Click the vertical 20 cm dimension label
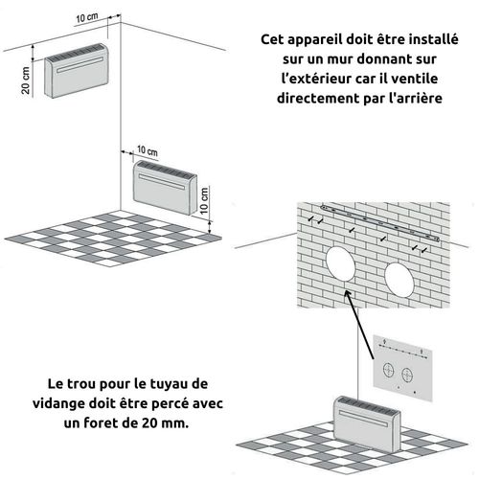point(27,74)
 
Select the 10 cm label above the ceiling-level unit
point(86,19)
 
